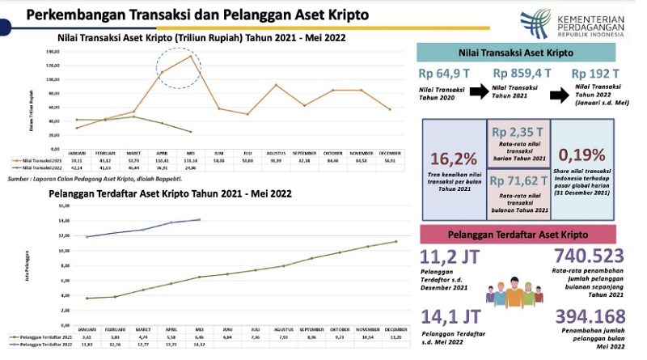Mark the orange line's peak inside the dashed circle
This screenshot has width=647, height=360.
(190, 57)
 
